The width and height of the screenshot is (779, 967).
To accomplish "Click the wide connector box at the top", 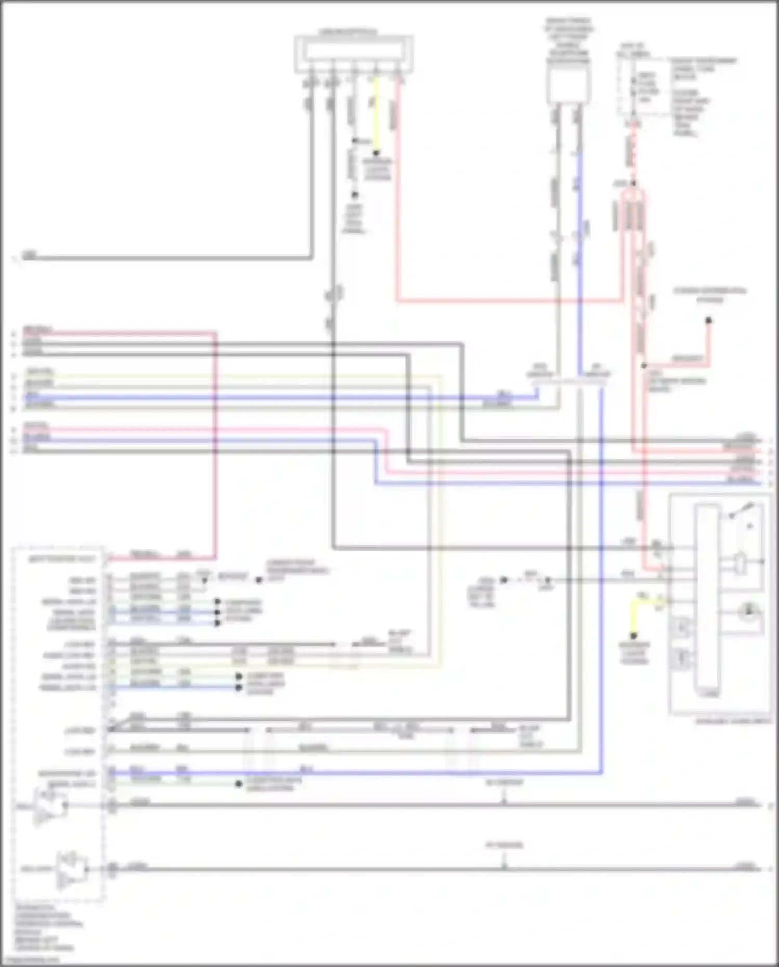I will click(x=354, y=54).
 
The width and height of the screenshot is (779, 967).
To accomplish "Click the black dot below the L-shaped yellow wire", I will click(x=633, y=635).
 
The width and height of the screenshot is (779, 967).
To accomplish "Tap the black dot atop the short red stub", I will click(x=708, y=321).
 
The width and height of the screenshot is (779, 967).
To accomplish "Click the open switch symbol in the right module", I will click(x=741, y=511).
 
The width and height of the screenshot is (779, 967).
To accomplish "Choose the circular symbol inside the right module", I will click(x=748, y=613).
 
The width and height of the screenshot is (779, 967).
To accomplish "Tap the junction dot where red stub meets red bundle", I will click(x=644, y=366).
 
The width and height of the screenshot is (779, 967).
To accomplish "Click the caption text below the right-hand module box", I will click(x=733, y=722).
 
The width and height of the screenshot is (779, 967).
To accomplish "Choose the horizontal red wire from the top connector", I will click(x=509, y=300).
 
